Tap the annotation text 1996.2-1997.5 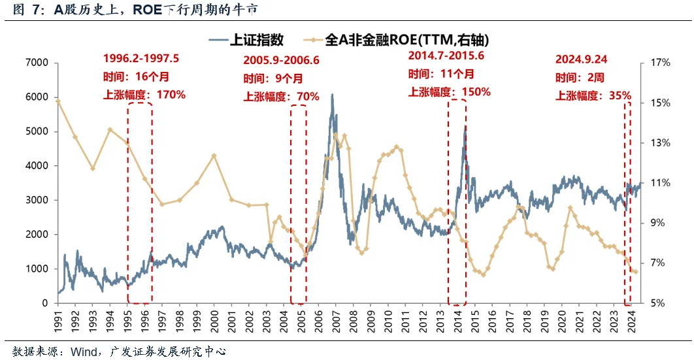(x=141, y=58)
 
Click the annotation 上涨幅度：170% (x=144, y=95)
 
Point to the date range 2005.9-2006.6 (x=282, y=60)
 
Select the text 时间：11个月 (x=441, y=73)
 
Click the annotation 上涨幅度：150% (x=449, y=91)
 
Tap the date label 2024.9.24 (x=581, y=59)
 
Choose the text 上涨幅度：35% (x=593, y=95)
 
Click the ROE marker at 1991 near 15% (x=58, y=101)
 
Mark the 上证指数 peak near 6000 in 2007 (x=332, y=95)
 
